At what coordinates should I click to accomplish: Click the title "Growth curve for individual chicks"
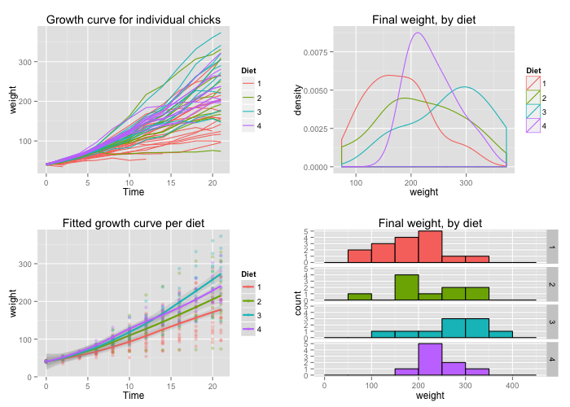pos(134,20)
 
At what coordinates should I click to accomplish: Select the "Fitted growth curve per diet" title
pos(134,224)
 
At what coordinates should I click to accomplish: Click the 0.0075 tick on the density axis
pos(318,51)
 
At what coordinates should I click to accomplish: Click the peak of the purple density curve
pos(418,33)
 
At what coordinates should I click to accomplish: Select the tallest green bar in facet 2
pos(406,287)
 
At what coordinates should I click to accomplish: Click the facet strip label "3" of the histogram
pos(551,322)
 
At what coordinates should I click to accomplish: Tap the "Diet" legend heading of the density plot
pos(533,70)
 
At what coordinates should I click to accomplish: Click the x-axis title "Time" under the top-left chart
pos(134,192)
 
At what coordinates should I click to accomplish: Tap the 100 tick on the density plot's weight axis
pos(356,182)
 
